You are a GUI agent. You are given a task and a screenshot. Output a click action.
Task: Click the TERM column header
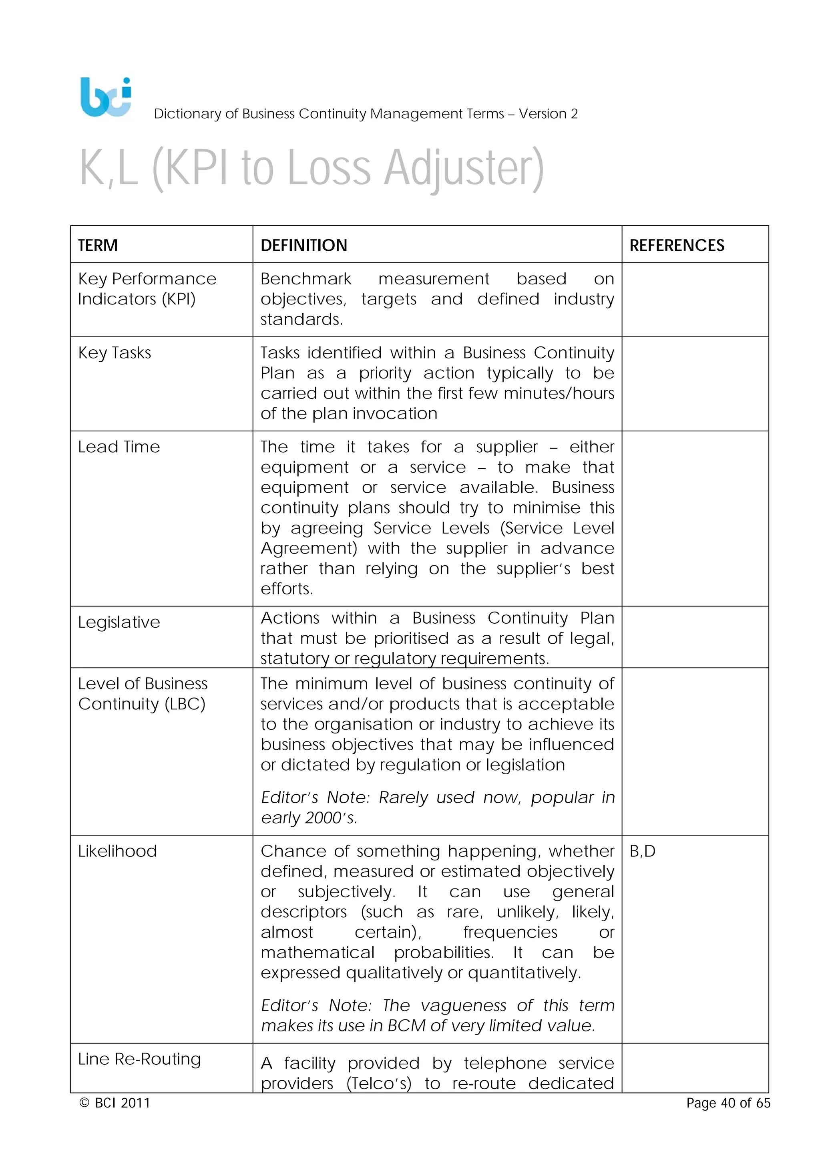pos(98,246)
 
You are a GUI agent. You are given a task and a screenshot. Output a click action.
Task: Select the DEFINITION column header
pos(303,246)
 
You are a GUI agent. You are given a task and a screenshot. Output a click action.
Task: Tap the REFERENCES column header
pos(676,246)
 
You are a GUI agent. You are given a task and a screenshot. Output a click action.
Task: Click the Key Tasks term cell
pos(115,352)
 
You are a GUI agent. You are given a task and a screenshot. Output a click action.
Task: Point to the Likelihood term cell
pos(117,851)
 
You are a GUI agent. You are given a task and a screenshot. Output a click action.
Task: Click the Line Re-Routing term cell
pos(139,1059)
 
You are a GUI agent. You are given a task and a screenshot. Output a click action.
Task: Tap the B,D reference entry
pos(642,851)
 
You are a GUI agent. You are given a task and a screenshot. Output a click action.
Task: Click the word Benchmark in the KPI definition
pos(305,279)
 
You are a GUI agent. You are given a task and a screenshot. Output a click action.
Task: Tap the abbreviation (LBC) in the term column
pos(185,704)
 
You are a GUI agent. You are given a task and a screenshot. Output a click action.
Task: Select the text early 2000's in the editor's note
pos(309,818)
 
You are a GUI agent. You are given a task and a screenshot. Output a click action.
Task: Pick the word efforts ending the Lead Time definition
pos(286,589)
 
